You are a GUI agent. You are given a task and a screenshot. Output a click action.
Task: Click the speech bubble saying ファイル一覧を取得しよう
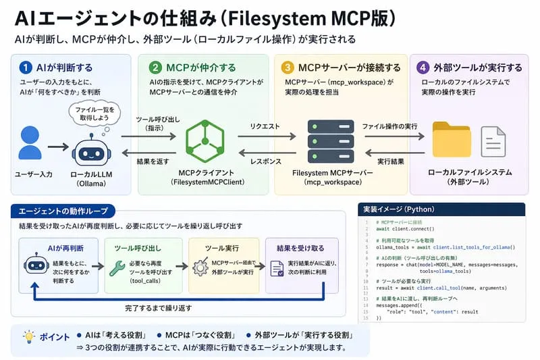pyautogui.click(x=95, y=113)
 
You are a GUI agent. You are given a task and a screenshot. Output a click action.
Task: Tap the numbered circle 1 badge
pyautogui.click(x=26, y=68)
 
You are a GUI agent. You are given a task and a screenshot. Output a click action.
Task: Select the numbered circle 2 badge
pyautogui.click(x=155, y=68)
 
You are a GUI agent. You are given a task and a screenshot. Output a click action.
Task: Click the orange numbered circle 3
pyautogui.click(x=288, y=68)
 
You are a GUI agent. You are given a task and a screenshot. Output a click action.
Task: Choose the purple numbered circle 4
pyautogui.click(x=423, y=68)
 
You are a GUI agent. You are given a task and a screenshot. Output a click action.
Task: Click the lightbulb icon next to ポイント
pyautogui.click(x=28, y=336)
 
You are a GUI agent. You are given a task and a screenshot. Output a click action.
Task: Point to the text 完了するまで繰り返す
pyautogui.click(x=158, y=308)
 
